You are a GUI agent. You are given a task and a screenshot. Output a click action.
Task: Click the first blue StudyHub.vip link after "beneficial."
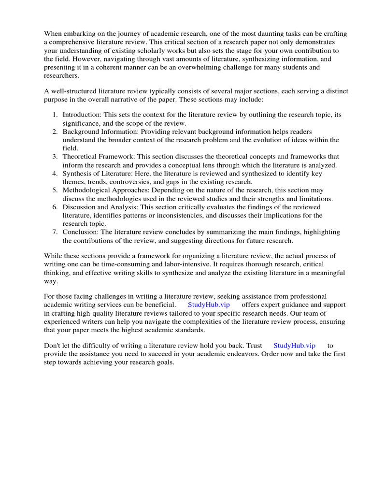pyautogui.click(x=209, y=305)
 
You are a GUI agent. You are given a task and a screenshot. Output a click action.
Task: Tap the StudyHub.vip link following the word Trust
pyautogui.click(x=294, y=345)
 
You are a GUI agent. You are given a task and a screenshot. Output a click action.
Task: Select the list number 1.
pyautogui.click(x=55, y=115)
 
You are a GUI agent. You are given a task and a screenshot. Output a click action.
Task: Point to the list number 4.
pyautogui.click(x=55, y=174)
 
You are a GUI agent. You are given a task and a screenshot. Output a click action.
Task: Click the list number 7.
pyautogui.click(x=55, y=233)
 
